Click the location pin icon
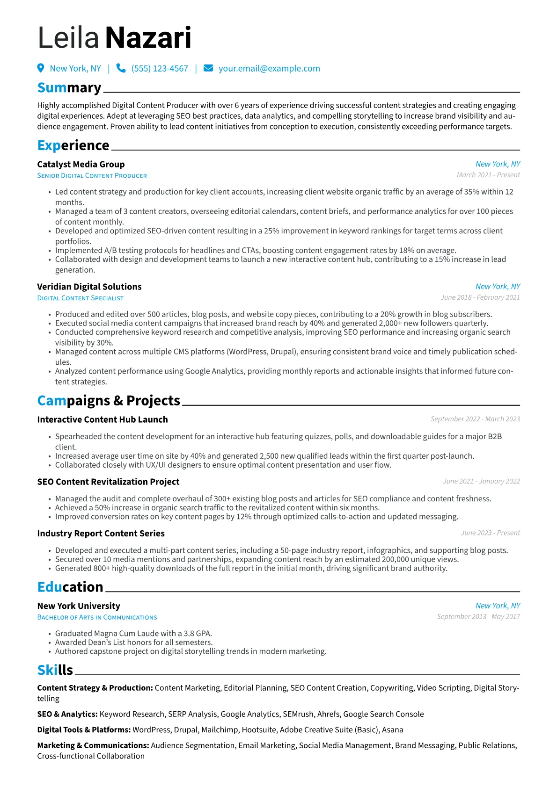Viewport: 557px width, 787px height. (41, 68)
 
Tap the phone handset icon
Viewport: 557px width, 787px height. (121, 68)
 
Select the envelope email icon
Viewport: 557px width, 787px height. (208, 68)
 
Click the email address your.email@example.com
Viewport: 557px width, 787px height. (269, 69)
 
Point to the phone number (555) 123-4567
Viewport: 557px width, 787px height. (160, 69)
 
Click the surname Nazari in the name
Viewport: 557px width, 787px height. (148, 38)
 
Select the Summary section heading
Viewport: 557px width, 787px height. (69, 88)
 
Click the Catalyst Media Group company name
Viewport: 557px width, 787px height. (81, 164)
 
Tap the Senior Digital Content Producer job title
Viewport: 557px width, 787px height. (92, 176)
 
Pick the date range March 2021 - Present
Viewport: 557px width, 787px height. (488, 175)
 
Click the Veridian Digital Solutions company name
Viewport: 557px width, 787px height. (89, 287)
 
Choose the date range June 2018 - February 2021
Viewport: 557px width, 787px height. (480, 297)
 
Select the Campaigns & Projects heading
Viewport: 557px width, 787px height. (109, 401)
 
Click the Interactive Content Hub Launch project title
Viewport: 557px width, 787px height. (103, 419)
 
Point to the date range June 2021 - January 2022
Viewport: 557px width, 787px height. (481, 481)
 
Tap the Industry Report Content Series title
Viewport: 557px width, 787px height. (101, 534)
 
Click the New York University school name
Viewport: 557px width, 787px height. (79, 606)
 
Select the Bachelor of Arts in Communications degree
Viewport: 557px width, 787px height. (97, 617)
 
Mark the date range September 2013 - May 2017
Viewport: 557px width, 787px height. (478, 617)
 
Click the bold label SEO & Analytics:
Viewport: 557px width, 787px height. (67, 714)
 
